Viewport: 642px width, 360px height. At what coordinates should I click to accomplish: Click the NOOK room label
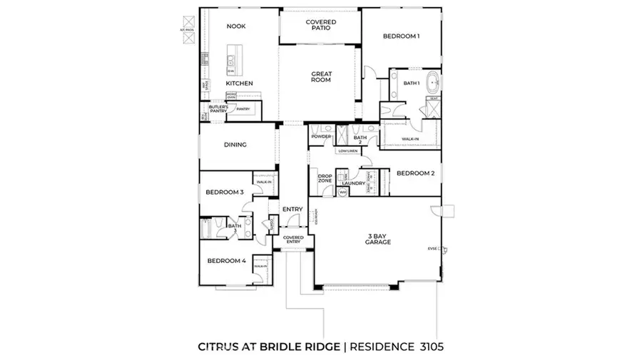[235, 26]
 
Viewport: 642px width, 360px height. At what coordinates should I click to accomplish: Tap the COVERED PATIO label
[320, 26]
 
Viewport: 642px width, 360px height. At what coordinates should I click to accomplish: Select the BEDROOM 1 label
[400, 36]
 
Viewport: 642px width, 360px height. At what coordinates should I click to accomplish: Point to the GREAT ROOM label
[320, 77]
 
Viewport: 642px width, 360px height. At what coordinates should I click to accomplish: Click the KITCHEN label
[240, 83]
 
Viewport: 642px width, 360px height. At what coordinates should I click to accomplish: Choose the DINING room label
[235, 145]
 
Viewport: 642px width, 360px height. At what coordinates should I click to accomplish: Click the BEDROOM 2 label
[415, 173]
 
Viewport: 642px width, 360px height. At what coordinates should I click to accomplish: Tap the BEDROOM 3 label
[225, 192]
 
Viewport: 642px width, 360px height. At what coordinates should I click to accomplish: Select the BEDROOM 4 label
[226, 261]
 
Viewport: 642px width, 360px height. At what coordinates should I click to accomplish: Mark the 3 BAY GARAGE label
[378, 239]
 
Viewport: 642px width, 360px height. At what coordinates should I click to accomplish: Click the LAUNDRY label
[353, 184]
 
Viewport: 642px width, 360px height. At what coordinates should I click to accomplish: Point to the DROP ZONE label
[325, 179]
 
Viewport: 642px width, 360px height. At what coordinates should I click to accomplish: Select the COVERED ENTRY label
[292, 240]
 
